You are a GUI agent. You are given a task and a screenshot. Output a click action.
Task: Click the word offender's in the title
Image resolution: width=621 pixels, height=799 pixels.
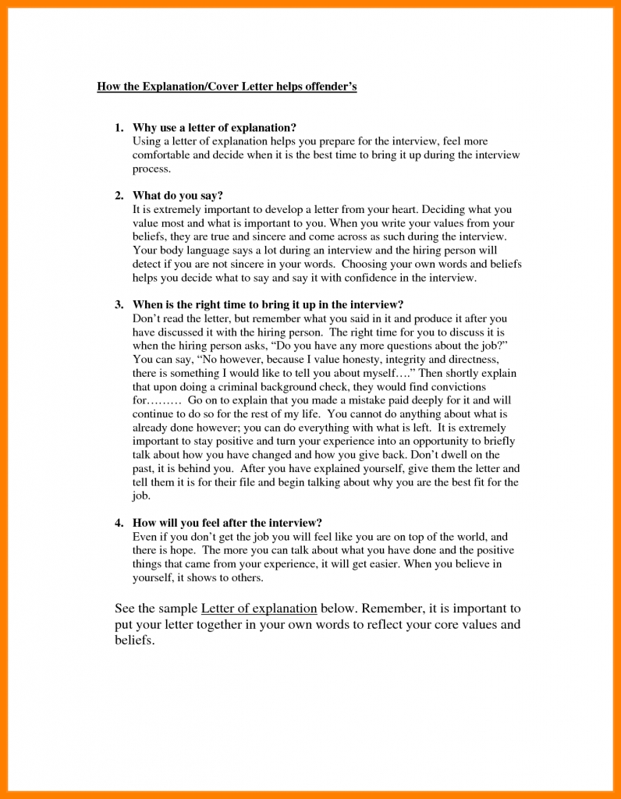tap(327, 87)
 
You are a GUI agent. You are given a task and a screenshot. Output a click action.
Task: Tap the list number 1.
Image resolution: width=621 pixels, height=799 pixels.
tap(118, 127)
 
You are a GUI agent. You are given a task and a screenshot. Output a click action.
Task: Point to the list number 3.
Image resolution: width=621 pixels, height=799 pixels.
tap(118, 304)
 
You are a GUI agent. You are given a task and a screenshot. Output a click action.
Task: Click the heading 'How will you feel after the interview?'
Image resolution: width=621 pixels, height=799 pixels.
tap(227, 523)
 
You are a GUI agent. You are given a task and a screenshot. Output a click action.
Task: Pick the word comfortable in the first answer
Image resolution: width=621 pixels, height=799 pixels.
tap(161, 155)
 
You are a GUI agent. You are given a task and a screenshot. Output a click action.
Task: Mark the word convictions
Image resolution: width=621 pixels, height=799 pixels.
tap(456, 387)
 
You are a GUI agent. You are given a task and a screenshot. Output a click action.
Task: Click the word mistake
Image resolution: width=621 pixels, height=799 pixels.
tap(344, 400)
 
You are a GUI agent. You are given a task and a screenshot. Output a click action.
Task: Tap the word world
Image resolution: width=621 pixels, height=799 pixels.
tap(470, 537)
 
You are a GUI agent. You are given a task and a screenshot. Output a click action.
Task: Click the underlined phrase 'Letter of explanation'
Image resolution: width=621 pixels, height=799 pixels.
tap(259, 609)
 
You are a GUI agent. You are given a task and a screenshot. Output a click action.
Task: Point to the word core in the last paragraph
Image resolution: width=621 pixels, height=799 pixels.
tap(437, 625)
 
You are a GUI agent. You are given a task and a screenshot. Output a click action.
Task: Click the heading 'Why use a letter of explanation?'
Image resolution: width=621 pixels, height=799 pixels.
tap(215, 127)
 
